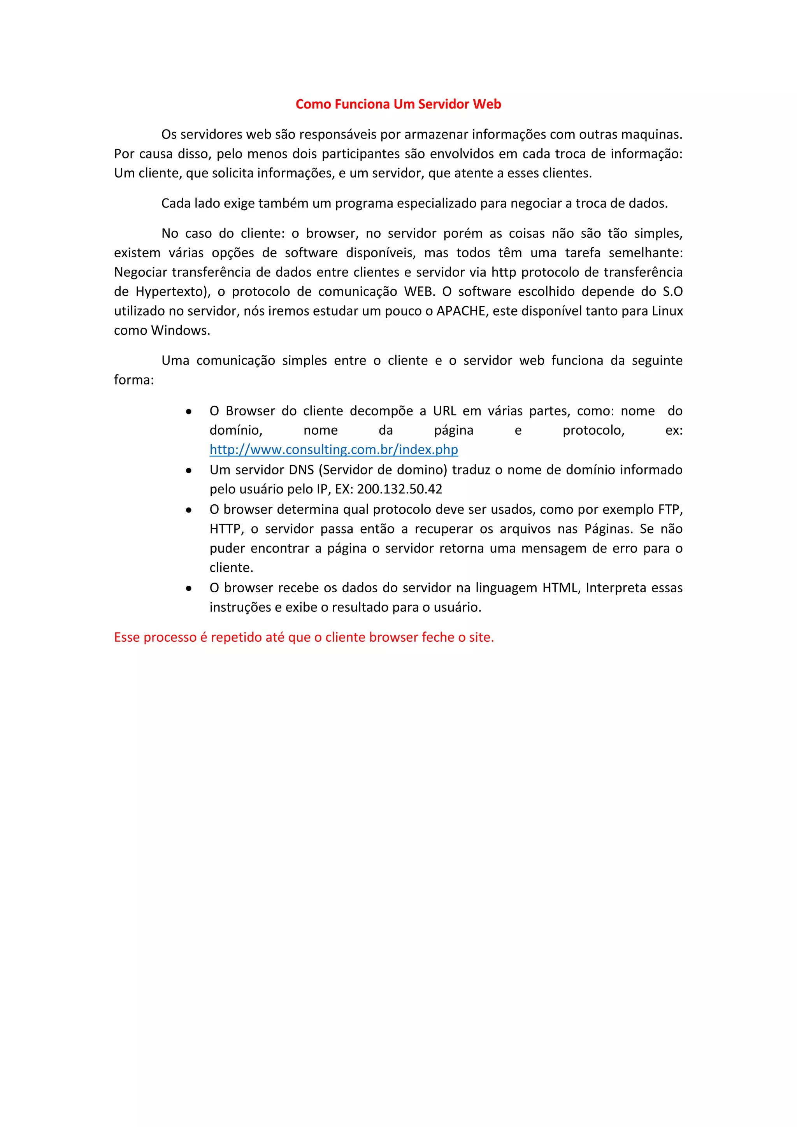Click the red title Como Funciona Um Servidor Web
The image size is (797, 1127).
pyautogui.click(x=398, y=104)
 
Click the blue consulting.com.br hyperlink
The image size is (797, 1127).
pyautogui.click(x=334, y=449)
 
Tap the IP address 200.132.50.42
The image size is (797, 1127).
pyautogui.click(x=400, y=489)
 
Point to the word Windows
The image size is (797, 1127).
pyautogui.click(x=181, y=330)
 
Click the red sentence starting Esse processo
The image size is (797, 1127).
pyautogui.click(x=304, y=637)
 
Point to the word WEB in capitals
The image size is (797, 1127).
pyautogui.click(x=419, y=291)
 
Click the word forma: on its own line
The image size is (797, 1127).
pyautogui.click(x=134, y=380)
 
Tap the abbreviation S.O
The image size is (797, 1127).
pyautogui.click(x=672, y=291)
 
